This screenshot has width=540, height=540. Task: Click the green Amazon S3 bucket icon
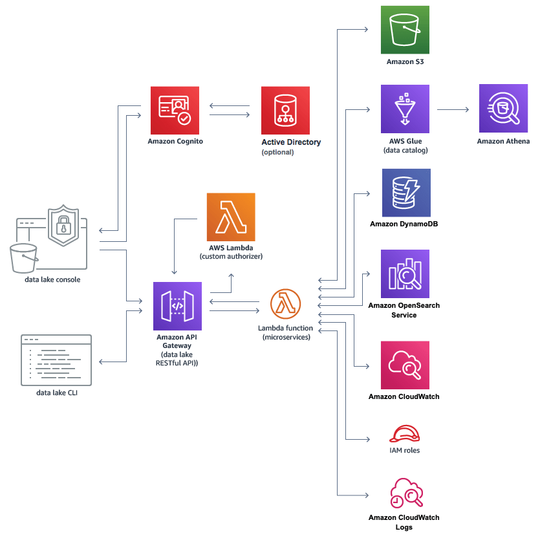coord(405,30)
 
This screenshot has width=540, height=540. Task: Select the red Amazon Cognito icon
coord(175,110)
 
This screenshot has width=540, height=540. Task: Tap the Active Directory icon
coord(285,110)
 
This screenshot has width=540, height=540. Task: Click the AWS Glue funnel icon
coord(405,109)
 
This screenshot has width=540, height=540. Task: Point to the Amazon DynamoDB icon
coord(405,193)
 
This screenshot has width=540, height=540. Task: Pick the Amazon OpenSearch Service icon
coord(405,273)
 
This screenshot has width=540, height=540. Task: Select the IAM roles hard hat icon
coord(405,434)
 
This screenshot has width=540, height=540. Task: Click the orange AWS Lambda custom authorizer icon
coord(231,217)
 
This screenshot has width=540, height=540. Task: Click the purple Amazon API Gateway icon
coord(177,306)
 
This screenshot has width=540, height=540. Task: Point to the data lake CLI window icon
coord(56,360)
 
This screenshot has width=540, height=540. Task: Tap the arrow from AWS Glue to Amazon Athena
coord(453,109)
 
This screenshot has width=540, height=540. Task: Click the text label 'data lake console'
coord(53,280)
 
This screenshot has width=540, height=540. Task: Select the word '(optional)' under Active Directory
coord(277,153)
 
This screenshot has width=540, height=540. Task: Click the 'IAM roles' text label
coord(404,451)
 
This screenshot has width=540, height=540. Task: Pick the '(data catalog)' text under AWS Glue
coord(405,151)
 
